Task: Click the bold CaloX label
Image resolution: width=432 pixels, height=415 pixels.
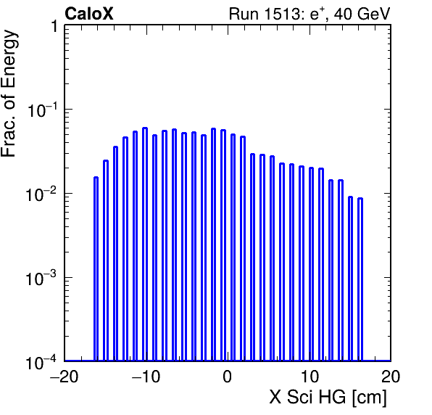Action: [89, 14]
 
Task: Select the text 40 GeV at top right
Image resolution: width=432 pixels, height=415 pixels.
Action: [362, 14]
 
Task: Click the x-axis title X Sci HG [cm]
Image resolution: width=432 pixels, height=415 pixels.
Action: [328, 398]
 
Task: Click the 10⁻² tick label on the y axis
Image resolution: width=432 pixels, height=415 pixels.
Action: [41, 194]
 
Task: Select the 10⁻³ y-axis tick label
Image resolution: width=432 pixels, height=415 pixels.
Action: [41, 279]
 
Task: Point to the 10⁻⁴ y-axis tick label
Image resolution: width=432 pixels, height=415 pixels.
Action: [41, 362]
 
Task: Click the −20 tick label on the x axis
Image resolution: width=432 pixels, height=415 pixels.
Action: [65, 377]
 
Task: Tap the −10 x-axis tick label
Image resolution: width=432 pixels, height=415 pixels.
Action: [146, 377]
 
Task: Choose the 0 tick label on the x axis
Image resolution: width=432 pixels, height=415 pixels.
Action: [228, 377]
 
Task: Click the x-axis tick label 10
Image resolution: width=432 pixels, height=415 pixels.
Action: [310, 377]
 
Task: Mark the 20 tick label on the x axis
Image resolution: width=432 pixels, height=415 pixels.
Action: [391, 377]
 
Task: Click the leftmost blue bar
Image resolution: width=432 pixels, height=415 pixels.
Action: [96, 269]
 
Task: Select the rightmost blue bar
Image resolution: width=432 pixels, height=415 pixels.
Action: [360, 279]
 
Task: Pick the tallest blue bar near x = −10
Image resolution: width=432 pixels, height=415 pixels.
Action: [145, 245]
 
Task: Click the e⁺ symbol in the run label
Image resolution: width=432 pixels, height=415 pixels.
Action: [316, 15]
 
